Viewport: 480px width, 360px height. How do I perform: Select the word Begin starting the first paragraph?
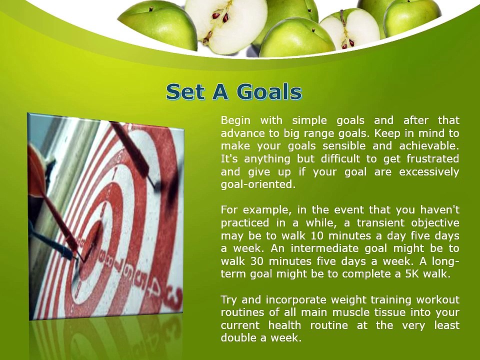(236, 120)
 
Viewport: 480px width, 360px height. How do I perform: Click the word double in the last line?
(238, 338)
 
